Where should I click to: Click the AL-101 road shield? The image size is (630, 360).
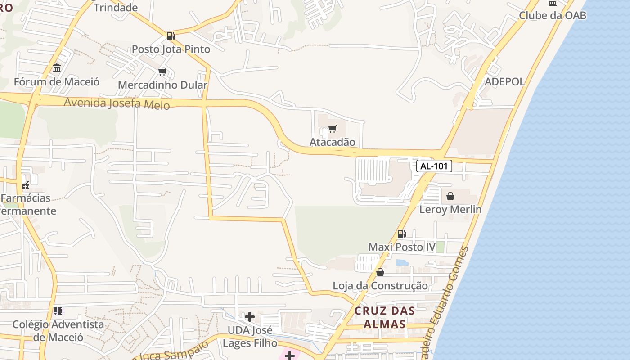tap(434, 166)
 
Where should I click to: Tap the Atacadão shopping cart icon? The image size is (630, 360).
tap(333, 129)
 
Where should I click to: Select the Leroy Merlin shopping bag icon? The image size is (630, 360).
tap(450, 196)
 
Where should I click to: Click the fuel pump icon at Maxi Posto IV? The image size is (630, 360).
tap(401, 234)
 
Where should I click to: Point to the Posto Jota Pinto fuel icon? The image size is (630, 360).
tap(171, 36)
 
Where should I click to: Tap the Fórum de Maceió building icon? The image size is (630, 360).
tap(57, 68)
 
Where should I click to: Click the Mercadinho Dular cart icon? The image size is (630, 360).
tap(162, 72)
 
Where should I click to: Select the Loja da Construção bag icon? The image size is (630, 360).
tap(380, 272)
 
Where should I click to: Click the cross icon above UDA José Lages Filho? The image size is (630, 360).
tap(249, 317)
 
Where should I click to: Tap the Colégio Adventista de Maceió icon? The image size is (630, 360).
tap(58, 310)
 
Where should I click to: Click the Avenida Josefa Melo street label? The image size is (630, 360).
tap(117, 103)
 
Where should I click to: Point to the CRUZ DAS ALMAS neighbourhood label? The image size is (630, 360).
tap(384, 317)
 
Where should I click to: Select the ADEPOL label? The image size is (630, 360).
tap(504, 81)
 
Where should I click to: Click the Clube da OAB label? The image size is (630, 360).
tap(553, 15)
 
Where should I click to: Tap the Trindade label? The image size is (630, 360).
tap(116, 7)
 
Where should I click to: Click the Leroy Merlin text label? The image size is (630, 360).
tap(450, 209)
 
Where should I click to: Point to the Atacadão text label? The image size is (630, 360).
tap(332, 142)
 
